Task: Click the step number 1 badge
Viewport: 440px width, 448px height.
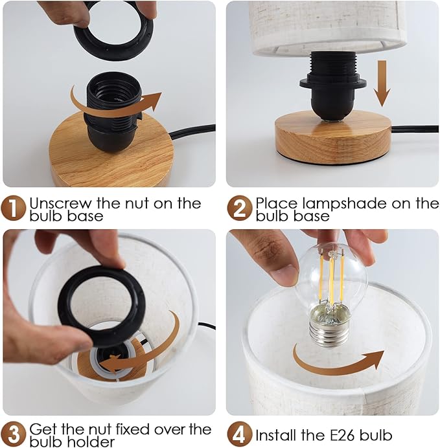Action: (14, 208)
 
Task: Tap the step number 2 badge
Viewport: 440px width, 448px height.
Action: (240, 208)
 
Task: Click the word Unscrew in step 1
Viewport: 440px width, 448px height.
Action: (61, 203)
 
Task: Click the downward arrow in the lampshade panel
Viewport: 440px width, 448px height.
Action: (382, 84)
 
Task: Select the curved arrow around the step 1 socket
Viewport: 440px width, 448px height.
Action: (114, 106)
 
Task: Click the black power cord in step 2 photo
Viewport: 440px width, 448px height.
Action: (415, 129)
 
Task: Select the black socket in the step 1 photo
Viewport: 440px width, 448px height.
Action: (113, 112)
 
